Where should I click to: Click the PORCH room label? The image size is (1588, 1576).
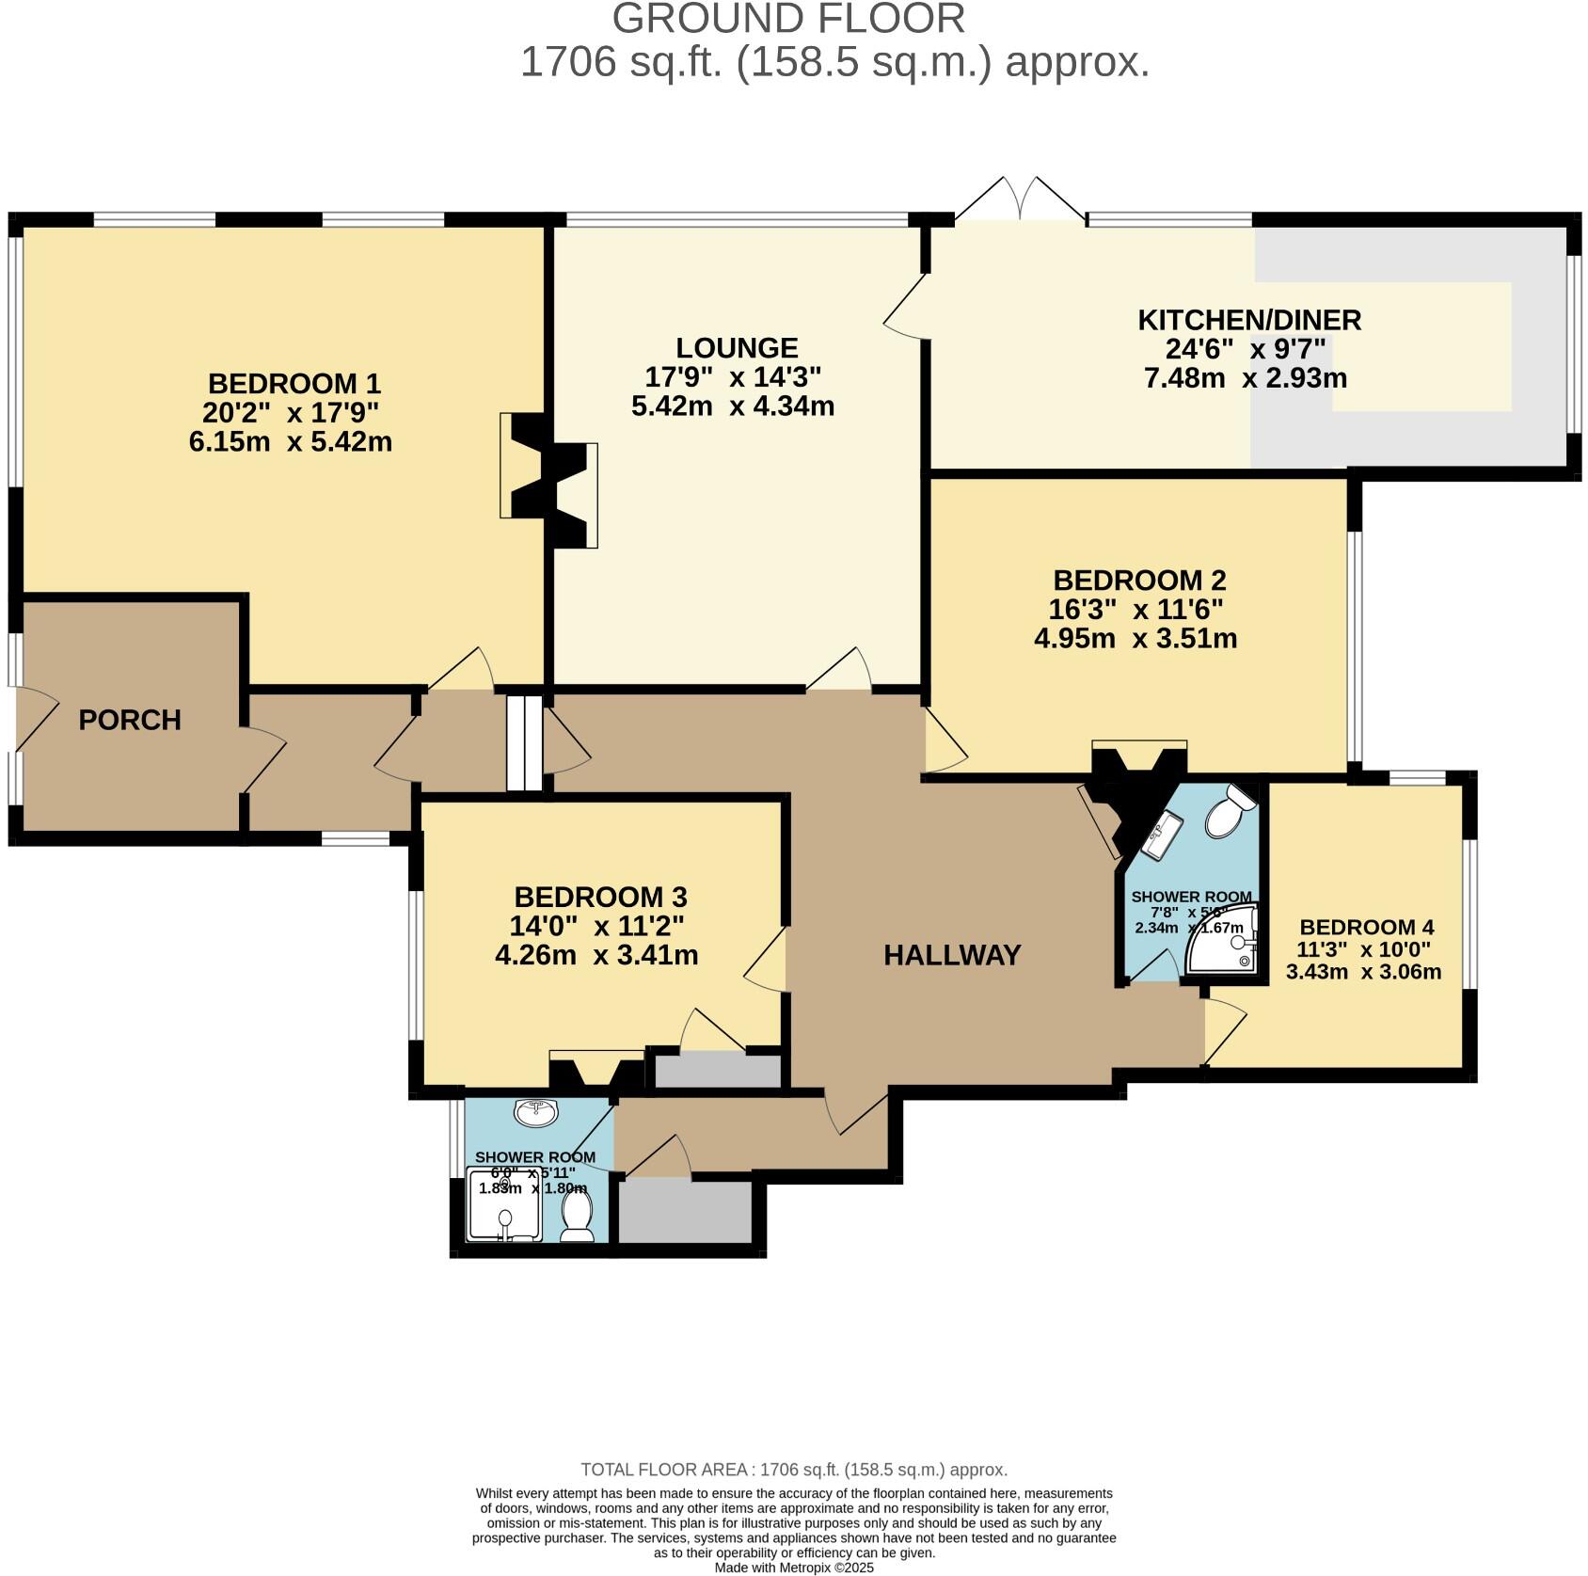coord(129,720)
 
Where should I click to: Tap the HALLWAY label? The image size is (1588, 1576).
coord(951,955)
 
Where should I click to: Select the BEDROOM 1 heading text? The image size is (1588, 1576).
coord(294,383)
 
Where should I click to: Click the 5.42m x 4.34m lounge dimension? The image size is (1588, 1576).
coord(733,406)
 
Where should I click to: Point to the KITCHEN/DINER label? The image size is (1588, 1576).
coord(1248,320)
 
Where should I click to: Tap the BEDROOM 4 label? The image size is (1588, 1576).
coord(1366,927)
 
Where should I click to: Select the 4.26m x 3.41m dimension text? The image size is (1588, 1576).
coord(596,955)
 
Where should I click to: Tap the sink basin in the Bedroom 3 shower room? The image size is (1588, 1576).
coord(536,1112)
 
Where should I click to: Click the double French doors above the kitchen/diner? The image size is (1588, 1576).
coord(1020,199)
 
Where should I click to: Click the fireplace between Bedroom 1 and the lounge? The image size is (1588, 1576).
coord(549,480)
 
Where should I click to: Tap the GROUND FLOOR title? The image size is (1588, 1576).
coord(788,19)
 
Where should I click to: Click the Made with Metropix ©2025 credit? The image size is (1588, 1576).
coord(794,1568)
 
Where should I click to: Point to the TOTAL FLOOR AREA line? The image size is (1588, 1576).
coord(794,1470)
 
